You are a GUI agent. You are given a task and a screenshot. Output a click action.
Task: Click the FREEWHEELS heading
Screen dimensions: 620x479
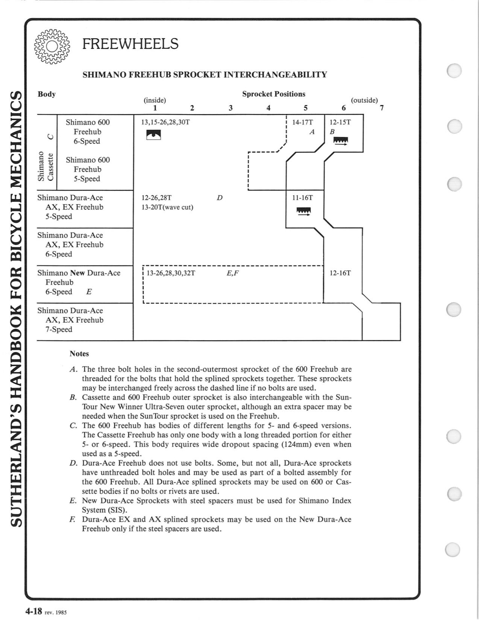[x=130, y=44]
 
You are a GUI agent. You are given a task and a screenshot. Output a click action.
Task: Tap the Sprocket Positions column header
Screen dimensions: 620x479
[x=273, y=94]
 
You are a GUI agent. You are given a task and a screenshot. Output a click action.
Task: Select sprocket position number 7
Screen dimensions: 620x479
[x=382, y=108]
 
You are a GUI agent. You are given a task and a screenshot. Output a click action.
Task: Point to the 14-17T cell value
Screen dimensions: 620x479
[x=302, y=122]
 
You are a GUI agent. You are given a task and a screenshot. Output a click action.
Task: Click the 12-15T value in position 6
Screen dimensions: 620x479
[x=340, y=122]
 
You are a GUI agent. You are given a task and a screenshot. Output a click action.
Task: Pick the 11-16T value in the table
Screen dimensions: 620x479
[x=302, y=198]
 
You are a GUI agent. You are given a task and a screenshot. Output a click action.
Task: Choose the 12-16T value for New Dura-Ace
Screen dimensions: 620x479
[x=340, y=273]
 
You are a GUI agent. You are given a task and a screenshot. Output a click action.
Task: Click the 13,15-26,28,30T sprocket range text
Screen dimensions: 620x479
[x=163, y=122]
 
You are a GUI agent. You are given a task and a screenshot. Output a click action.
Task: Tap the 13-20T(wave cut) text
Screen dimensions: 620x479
[x=167, y=207]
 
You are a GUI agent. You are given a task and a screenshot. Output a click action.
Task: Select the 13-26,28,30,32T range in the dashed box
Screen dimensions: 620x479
[x=171, y=273]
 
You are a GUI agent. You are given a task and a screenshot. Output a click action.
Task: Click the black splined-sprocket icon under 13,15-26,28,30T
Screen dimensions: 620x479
[x=153, y=135]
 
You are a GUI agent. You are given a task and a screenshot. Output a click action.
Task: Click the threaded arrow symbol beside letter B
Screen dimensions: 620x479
[x=341, y=141]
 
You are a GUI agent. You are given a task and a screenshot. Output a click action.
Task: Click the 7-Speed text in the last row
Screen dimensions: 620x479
[x=59, y=330]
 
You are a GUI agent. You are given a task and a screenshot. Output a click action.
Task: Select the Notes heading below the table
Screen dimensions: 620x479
[x=79, y=354]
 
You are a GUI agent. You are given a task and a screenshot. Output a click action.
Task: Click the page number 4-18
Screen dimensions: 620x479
[x=33, y=611]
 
